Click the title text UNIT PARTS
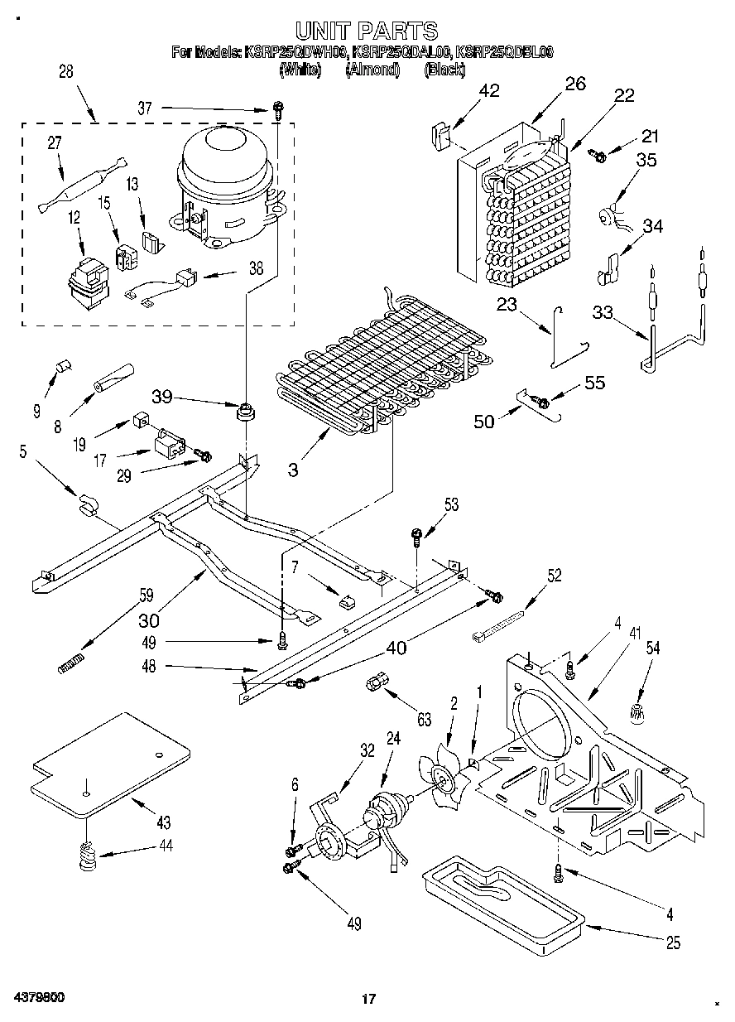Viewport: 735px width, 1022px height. tap(367, 31)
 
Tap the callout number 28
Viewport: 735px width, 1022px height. tap(65, 72)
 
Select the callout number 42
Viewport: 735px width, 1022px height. tap(489, 91)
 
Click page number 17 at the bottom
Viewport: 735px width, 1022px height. tap(369, 999)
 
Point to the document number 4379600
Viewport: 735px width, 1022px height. tap(39, 997)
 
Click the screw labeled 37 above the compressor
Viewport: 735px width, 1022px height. tap(279, 108)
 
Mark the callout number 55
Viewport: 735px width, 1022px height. tap(594, 383)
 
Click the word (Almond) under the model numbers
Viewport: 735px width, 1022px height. tap(372, 70)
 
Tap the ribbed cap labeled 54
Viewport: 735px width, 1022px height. tap(638, 710)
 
